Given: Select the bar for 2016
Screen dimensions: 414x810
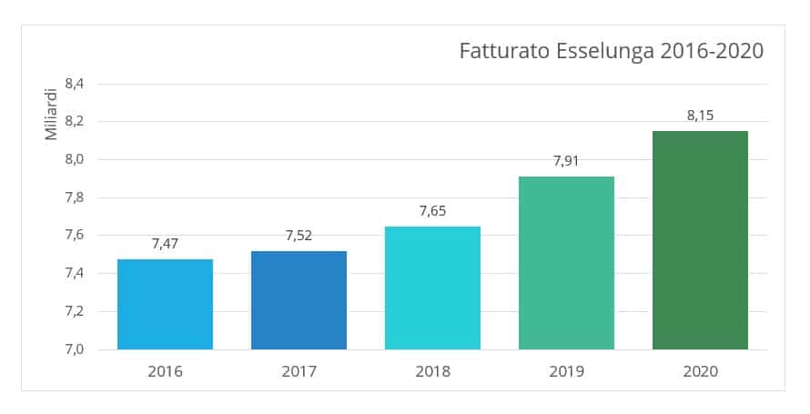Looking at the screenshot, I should tap(165, 304).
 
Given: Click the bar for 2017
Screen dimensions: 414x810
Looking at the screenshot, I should tap(299, 300).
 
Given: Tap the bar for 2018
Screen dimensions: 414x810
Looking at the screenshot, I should tap(432, 288).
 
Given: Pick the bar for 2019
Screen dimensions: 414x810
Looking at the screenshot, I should tap(566, 263).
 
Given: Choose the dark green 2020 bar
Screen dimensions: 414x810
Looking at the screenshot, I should tap(700, 240).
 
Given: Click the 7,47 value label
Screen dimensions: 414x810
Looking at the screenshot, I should tap(165, 244).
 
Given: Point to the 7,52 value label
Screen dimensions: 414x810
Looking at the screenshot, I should tap(299, 236).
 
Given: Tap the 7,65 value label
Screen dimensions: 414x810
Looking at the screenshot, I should tap(432, 211).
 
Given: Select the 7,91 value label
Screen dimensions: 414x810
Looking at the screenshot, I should tap(566, 161).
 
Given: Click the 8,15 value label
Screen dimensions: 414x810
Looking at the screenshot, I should tap(700, 116).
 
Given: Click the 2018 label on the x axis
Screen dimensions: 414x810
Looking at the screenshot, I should tap(432, 371).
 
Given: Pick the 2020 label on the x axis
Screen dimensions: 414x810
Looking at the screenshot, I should tap(700, 371).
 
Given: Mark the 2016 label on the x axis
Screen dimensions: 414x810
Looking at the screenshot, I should tap(165, 371).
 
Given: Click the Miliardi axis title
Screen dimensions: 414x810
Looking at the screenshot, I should tap(52, 115).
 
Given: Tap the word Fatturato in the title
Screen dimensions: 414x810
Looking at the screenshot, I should tap(501, 51).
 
